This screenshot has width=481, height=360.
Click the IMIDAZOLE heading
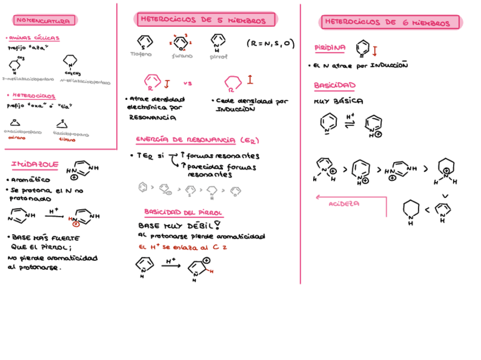pos(35,164)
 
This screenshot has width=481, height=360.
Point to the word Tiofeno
pos(141,54)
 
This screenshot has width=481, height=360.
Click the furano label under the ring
pos(182,56)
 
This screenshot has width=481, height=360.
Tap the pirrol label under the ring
pos(218,57)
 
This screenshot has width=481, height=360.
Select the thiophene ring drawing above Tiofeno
pos(144,41)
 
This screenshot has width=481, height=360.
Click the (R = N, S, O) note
pos(270,43)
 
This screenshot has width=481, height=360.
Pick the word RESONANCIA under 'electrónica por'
pos(152,118)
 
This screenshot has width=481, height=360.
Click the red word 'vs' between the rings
pos(188,83)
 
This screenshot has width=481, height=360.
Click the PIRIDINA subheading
pos(329,48)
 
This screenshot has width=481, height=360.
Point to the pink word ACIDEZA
pos(344,204)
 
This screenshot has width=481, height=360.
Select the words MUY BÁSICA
pos(339,101)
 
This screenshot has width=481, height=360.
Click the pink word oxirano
pos(17,137)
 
